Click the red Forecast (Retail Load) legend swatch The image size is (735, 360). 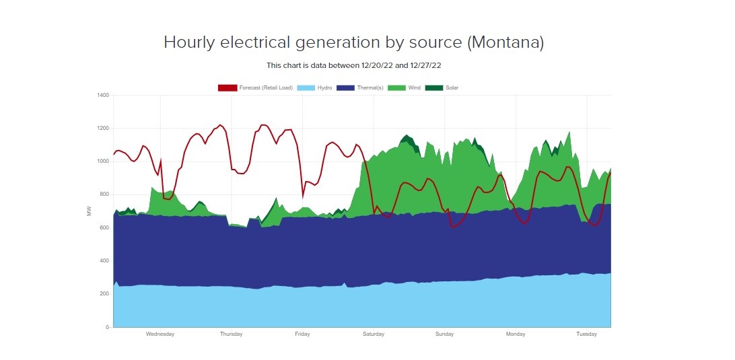tap(228, 87)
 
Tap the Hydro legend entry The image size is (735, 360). tap(325, 87)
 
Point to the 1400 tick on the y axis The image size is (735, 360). tap(102, 96)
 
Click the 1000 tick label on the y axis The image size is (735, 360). tap(102, 161)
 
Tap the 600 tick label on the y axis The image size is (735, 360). tap(104, 228)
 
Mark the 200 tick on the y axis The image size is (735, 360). tap(104, 294)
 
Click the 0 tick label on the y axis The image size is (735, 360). tap(106, 328)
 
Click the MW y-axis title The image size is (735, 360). tap(90, 211)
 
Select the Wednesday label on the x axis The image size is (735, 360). tap(160, 334)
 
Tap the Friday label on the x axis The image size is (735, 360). tap(302, 334)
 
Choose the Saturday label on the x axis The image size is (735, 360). tap(374, 334)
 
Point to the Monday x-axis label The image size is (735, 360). tap(516, 334)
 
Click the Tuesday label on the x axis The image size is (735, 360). tap(587, 334)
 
